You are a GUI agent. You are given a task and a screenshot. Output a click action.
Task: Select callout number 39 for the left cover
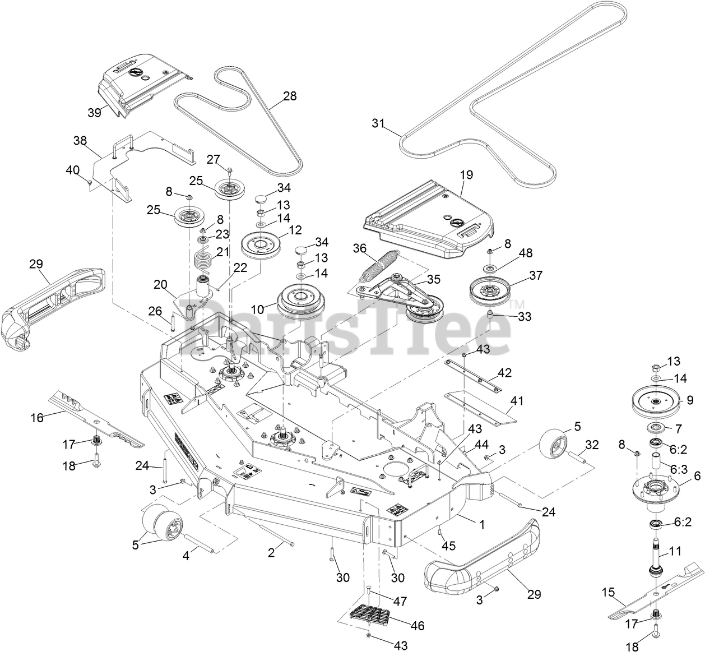[94, 112]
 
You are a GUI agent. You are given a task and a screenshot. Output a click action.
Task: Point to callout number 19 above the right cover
[466, 175]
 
